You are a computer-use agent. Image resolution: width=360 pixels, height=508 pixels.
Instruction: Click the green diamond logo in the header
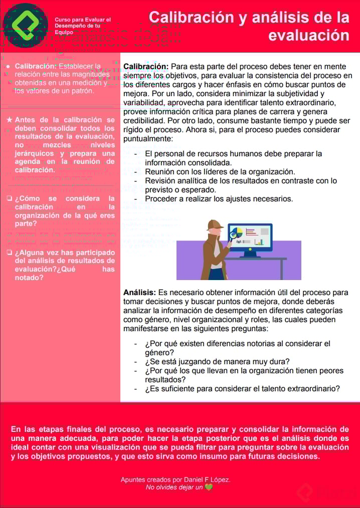coord(26,25)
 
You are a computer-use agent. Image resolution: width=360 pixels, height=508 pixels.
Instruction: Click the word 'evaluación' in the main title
coord(308,36)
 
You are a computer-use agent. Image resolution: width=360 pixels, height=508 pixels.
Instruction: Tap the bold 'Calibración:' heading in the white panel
coord(146,66)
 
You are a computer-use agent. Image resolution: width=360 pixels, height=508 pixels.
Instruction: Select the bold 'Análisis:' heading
coord(139,292)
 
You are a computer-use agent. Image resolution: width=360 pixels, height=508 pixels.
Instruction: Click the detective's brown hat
coord(214,224)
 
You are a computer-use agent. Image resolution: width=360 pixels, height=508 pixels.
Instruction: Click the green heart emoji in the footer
coord(209,487)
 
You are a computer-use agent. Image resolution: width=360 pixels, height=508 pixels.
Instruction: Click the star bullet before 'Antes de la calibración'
coord(9,120)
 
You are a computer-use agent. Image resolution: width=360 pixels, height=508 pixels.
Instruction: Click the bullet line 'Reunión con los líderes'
coord(220,172)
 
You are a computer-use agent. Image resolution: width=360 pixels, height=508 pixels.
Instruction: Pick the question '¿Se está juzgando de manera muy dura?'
coord(217,362)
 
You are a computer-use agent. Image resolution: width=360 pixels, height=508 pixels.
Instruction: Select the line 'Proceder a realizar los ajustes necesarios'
coord(219,199)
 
